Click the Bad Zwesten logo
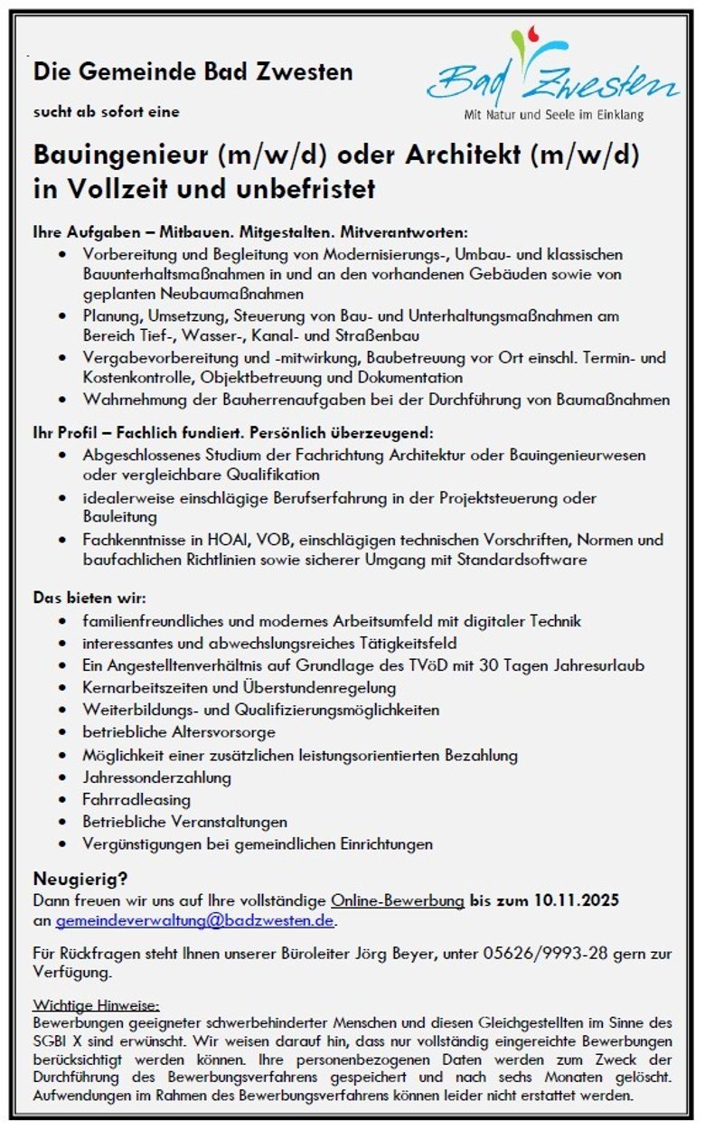(552, 72)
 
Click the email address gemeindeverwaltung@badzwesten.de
(195, 922)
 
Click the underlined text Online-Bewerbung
(398, 900)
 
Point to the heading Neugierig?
(80, 878)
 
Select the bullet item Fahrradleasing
(136, 799)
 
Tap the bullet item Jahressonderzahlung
(156, 777)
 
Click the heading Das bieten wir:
(89, 598)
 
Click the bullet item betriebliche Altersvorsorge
(179, 732)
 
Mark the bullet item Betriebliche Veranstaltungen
(184, 822)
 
